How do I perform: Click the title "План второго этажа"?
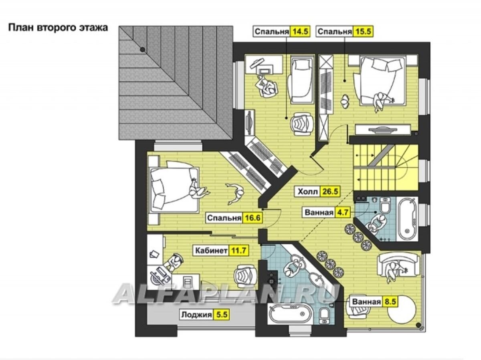tap(58, 28)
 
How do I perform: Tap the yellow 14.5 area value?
tap(300, 32)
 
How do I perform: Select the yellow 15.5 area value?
tap(363, 32)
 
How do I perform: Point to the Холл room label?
tap(308, 192)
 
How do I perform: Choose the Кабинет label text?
tap(211, 251)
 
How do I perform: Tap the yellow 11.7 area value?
tap(239, 251)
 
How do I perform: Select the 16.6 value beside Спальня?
tap(253, 218)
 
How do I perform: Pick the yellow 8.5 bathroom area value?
tap(390, 302)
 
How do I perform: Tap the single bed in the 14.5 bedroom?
tap(301, 80)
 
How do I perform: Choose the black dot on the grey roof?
tap(142, 50)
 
